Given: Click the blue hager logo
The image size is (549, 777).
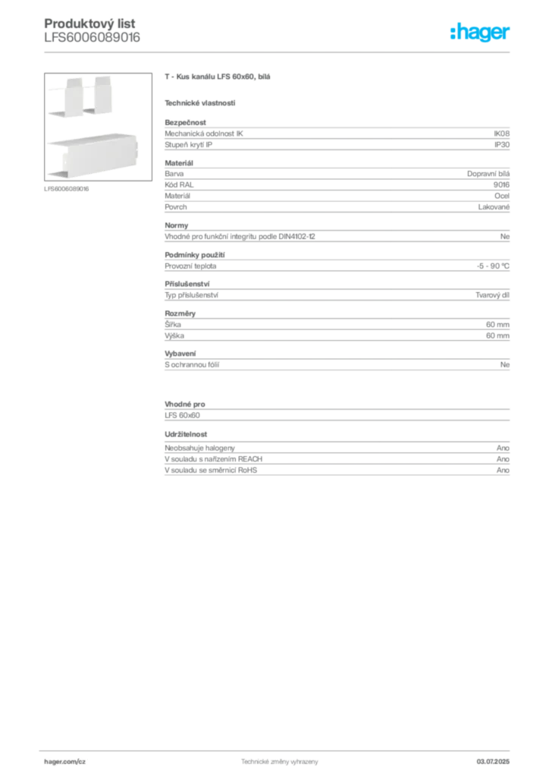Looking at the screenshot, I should pos(481,33).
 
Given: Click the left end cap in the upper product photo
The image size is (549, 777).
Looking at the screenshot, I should pos(69,96).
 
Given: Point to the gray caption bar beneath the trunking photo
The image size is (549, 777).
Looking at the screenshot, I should pos(67,189).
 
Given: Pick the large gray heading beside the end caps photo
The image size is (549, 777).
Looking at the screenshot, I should pos(218,78).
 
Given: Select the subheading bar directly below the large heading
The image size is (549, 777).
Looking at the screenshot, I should pos(200,102).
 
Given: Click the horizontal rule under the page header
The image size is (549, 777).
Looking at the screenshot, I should pos(278,52).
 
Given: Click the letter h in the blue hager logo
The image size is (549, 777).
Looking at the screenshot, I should pos(453,33).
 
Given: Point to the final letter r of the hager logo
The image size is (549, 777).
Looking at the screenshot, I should pos(510,34).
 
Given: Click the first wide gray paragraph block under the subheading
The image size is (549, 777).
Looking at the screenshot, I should pos(336,137).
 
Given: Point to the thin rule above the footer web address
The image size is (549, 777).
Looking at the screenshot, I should pos(278,749).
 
